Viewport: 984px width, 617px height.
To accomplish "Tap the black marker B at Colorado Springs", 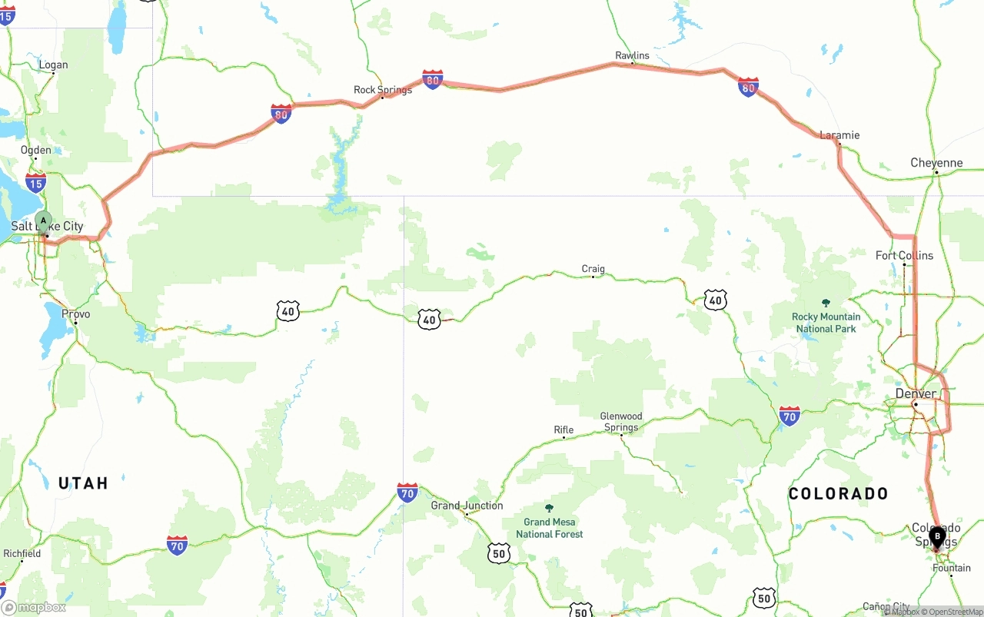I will (x=937, y=537).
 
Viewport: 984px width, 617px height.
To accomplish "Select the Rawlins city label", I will (x=632, y=55).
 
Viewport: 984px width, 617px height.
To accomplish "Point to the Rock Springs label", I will (x=382, y=90).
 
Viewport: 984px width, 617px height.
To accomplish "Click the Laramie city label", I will (x=839, y=135).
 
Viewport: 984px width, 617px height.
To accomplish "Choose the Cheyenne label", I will (x=936, y=163).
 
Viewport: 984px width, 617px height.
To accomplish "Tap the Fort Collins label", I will (x=904, y=255).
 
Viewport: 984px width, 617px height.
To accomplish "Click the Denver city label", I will (x=916, y=393).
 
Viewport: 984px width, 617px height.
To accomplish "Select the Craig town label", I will (x=593, y=269).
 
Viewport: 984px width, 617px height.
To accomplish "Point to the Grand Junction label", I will (x=467, y=506).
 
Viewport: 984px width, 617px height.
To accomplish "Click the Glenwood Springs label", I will (x=621, y=422).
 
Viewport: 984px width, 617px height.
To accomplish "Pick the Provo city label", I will (x=75, y=313).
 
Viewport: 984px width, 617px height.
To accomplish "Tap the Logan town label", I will (x=53, y=65).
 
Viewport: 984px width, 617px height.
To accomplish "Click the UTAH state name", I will (x=83, y=483).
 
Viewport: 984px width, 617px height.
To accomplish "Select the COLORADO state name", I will (x=838, y=493).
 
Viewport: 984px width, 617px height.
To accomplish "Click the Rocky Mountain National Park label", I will (x=826, y=322).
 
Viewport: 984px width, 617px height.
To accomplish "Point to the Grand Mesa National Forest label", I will (x=549, y=528).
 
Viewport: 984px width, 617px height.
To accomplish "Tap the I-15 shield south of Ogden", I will (x=35, y=182).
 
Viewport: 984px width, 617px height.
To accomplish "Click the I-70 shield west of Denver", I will (x=789, y=416).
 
